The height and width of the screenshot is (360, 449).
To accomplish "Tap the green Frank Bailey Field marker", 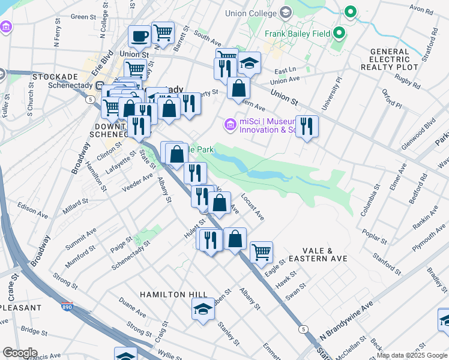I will (x=339, y=34).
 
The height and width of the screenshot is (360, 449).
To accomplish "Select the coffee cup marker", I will (x=140, y=37).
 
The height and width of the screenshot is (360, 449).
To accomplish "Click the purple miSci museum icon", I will (x=229, y=125).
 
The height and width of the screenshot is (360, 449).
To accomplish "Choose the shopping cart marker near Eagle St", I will (x=261, y=253).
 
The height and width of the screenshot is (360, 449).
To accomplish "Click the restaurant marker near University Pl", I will (x=307, y=126).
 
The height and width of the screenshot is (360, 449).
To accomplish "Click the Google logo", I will (x=20, y=353).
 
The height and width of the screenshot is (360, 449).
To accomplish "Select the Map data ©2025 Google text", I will (x=412, y=355).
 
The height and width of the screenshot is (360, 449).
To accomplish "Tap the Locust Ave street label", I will (x=253, y=205).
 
